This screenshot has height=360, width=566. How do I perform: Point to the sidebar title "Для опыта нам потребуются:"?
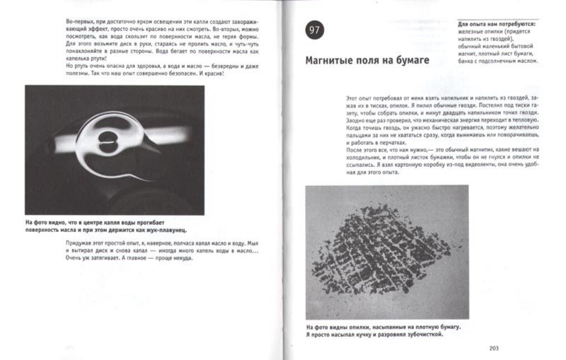[496, 23]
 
